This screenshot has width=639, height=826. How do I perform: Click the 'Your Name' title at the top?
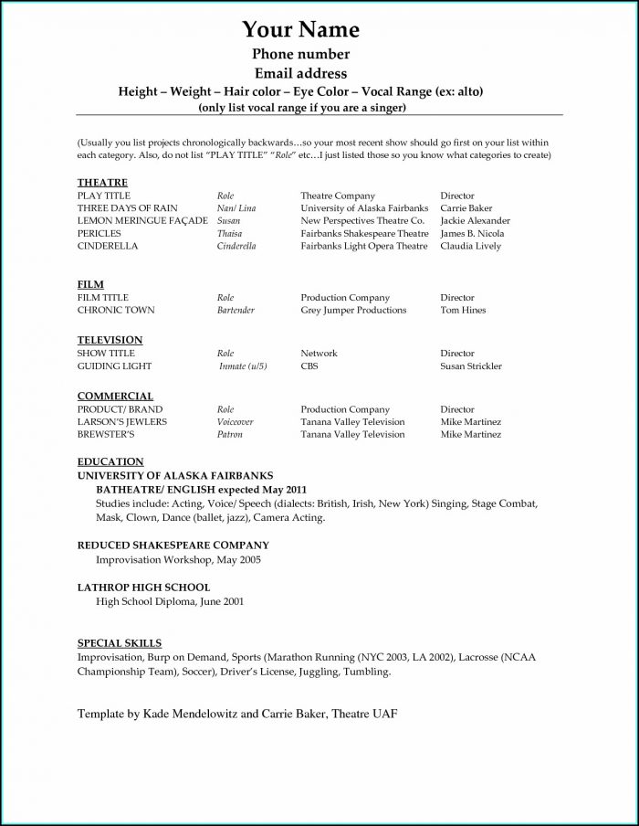pos(300,29)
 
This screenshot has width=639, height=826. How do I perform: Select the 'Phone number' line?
pos(300,55)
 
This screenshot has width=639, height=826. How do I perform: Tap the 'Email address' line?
pos(300,73)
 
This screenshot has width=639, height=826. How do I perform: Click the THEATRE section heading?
pos(102,183)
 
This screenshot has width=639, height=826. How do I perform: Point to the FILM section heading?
pos(90,285)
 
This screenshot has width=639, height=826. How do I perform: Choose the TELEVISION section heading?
pos(110,341)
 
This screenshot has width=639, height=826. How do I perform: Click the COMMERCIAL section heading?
pos(115,397)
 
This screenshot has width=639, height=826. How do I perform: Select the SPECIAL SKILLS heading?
pos(119,643)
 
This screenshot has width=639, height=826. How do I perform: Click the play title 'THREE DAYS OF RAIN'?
pos(127,208)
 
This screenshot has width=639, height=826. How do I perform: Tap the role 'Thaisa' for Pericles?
pos(230,234)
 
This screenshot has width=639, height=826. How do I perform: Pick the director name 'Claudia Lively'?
pos(470,247)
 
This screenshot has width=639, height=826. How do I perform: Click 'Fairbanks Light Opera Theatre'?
pos(363,247)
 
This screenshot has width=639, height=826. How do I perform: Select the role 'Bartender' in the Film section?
pos(236,311)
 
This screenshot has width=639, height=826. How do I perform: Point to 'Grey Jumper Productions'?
pos(353,311)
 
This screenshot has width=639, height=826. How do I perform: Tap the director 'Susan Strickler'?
pos(471,366)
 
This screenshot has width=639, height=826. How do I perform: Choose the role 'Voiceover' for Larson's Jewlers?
pos(235,422)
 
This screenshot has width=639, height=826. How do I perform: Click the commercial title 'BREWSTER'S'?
pos(107,435)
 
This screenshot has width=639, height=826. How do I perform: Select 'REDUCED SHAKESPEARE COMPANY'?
pos(161,545)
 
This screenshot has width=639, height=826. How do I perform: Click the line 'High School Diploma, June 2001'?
pos(170,602)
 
